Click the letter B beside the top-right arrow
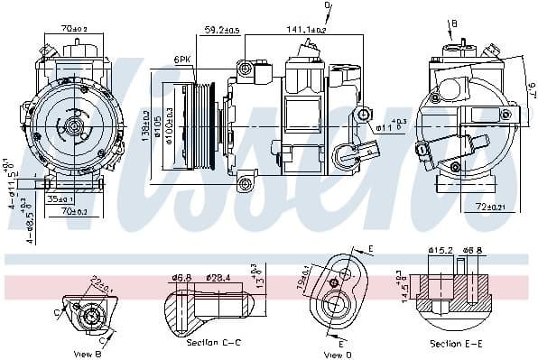coord(454,23)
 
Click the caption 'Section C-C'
coord(214,344)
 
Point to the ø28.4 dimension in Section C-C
coord(220,277)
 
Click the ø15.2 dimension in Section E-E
coord(440,251)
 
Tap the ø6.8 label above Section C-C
coord(181,277)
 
